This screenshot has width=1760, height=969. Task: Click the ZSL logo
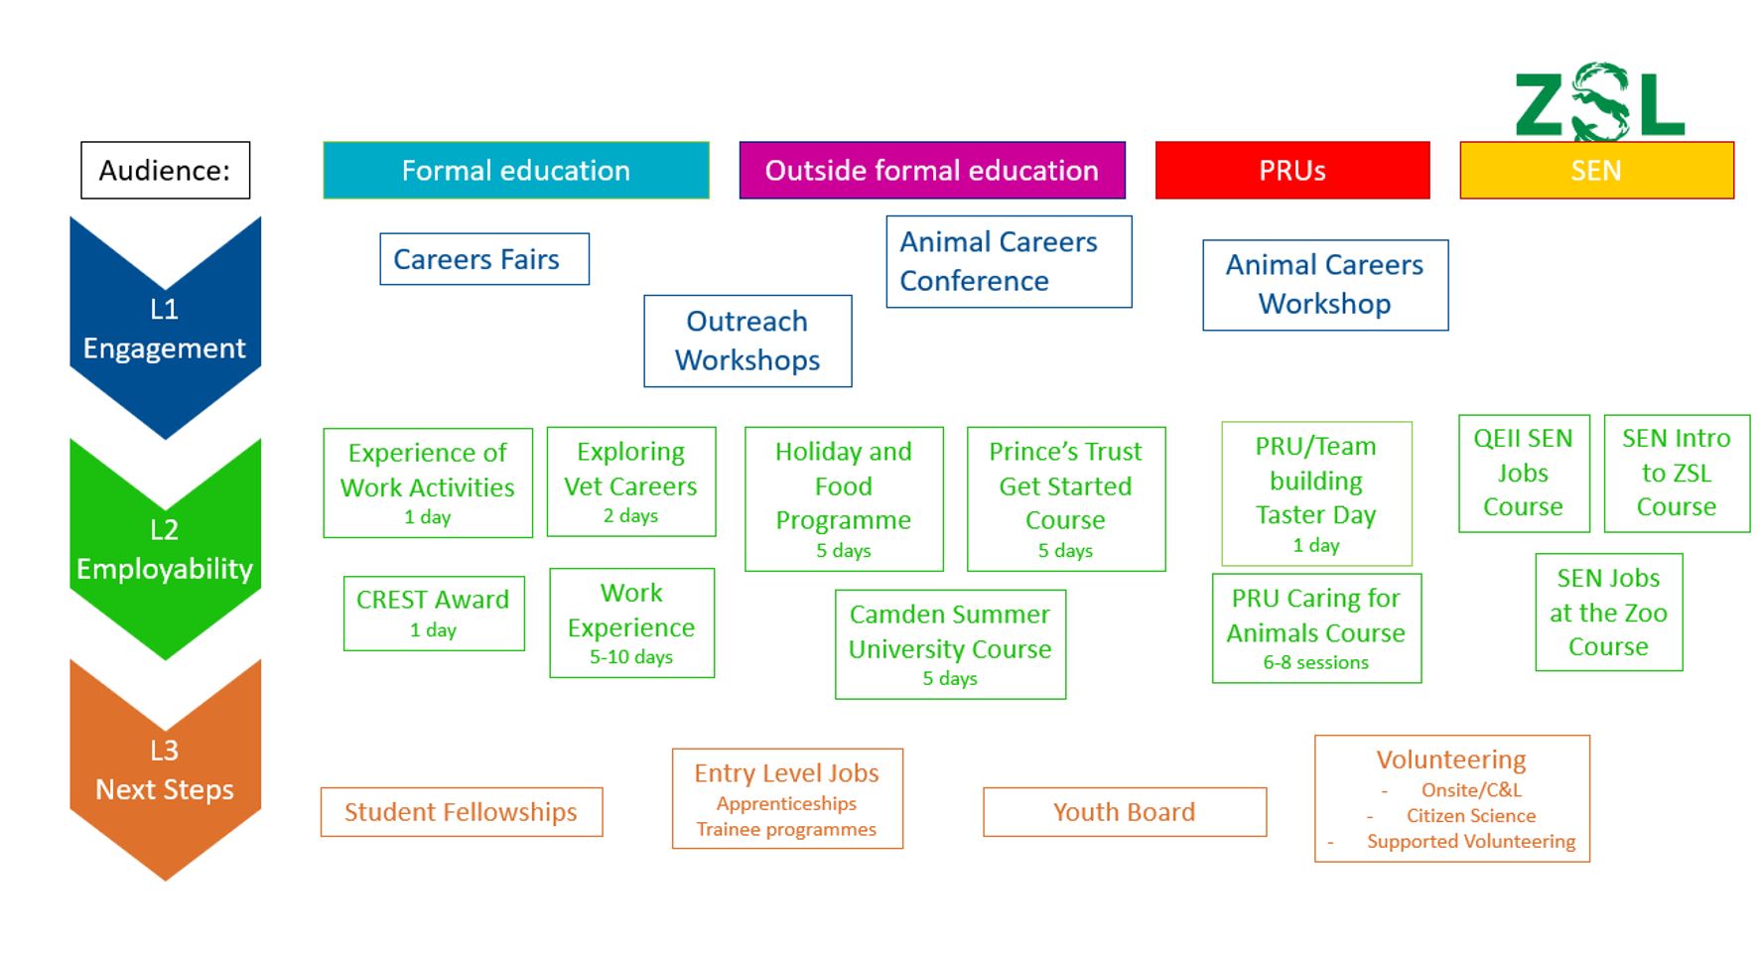coord(1598,101)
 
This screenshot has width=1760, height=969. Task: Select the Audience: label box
coord(165,171)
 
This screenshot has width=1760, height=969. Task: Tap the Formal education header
coord(515,171)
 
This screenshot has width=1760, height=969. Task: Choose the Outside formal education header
coord(931,171)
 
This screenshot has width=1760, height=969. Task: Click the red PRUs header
coord(1291,171)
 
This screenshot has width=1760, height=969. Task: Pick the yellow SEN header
coord(1595,171)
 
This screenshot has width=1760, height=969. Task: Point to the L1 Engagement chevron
coord(165,328)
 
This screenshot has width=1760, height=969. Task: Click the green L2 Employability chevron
coord(165,549)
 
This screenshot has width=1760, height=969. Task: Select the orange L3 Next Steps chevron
coord(165,769)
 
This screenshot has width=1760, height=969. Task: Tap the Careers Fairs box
coord(483,259)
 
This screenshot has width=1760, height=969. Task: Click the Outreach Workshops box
coord(747,341)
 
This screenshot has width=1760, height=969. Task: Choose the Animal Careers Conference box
coord(1008,261)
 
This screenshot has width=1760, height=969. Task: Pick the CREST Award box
coord(433,613)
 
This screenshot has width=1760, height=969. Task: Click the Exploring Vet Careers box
coord(630,482)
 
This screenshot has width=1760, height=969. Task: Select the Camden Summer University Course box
coord(950,644)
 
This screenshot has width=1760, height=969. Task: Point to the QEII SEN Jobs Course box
coord(1523,473)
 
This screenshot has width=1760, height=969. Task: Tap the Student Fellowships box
coord(461,812)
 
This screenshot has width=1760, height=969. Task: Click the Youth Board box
coord(1124,812)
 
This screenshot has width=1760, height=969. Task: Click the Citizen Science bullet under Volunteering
coord(1470,816)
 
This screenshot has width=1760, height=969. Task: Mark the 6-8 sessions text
coord(1315,662)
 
